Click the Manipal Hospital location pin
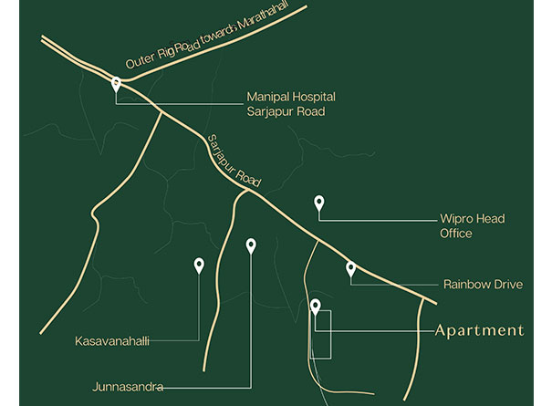(117, 84)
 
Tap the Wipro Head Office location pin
(318, 203)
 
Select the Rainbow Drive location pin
(350, 268)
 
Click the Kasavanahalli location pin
(199, 265)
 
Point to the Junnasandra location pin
(251, 245)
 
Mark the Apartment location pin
(316, 307)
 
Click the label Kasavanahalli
(111, 342)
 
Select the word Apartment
(479, 330)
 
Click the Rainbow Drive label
(483, 285)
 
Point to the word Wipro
(456, 219)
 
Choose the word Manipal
(266, 95)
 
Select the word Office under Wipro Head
(455, 234)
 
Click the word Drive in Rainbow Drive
(506, 285)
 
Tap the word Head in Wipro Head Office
(491, 219)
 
